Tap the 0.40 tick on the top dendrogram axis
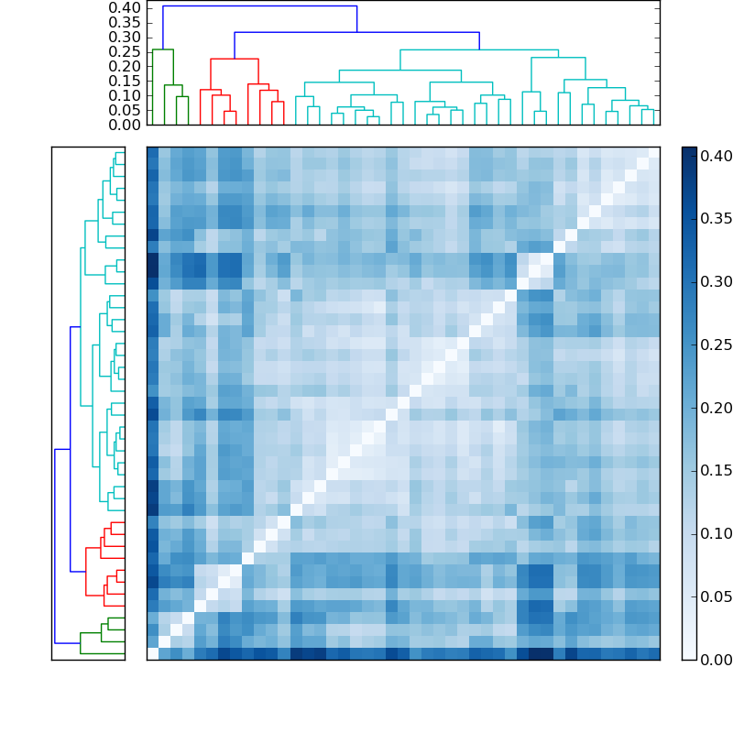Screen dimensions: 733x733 point(125,7)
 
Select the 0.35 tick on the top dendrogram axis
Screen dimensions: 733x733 point(125,22)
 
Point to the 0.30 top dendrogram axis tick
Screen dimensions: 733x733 point(125,37)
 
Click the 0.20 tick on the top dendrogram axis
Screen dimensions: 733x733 point(125,66)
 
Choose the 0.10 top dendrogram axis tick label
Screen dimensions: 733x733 point(125,95)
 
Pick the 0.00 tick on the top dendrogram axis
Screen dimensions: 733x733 point(125,125)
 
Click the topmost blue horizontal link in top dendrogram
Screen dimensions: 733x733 point(260,6)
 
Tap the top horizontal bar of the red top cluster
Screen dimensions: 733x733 point(235,59)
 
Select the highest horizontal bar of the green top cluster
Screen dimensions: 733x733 point(163,49)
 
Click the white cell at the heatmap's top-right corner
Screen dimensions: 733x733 point(653,152)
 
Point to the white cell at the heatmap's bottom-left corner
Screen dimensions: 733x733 point(152,653)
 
